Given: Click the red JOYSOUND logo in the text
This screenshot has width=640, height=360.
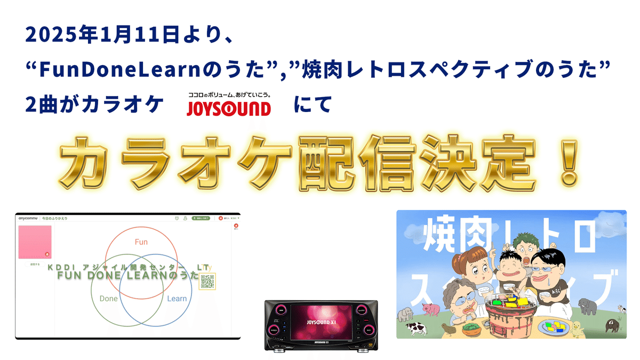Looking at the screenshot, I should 228,108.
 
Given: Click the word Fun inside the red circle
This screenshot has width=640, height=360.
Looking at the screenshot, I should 141,242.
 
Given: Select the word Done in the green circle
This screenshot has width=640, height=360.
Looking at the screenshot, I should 108,299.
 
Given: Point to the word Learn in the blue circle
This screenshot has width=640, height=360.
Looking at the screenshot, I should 177,299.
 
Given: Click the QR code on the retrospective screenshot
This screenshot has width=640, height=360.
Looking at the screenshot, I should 207,281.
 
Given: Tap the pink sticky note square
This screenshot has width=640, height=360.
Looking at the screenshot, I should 35,242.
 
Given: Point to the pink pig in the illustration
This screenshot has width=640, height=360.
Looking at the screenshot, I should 429,308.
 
